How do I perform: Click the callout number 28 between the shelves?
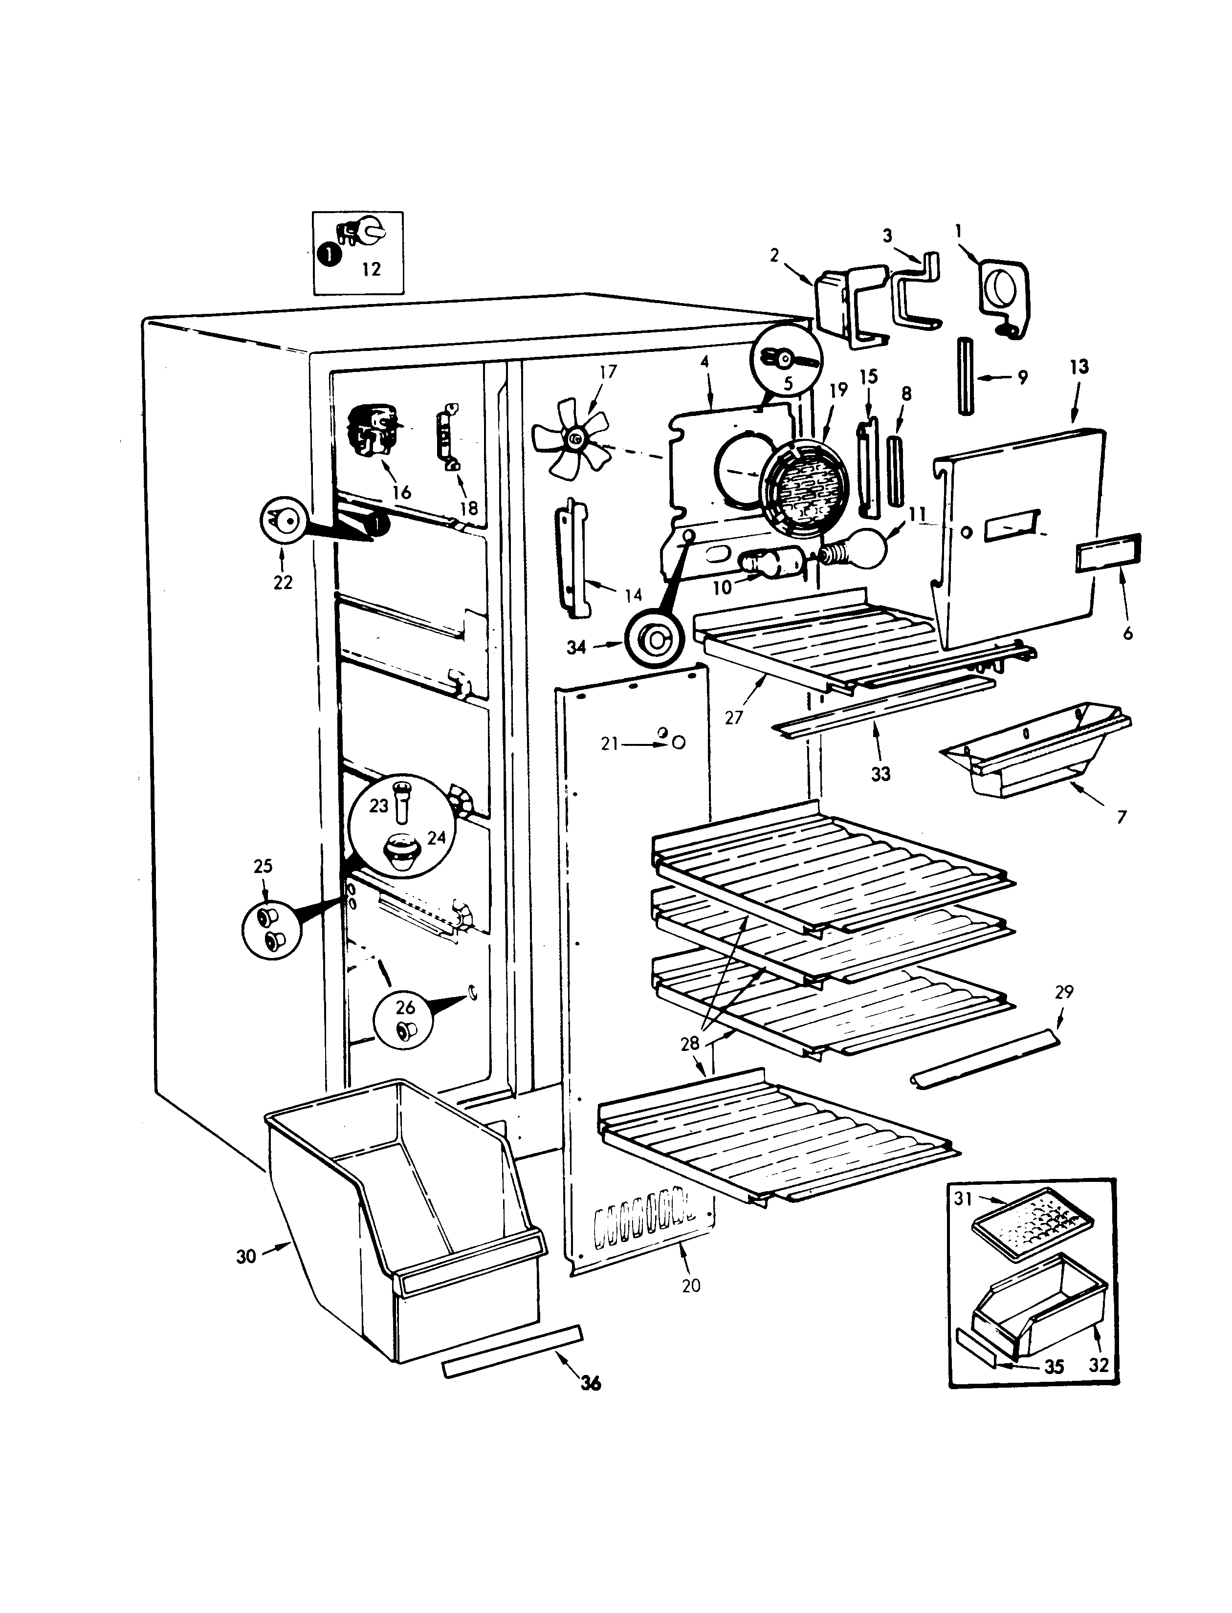click(690, 1043)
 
